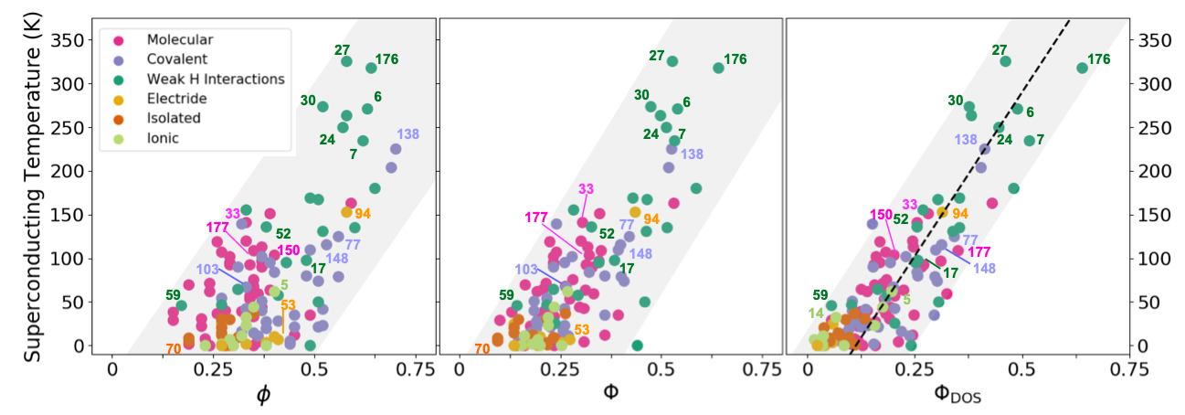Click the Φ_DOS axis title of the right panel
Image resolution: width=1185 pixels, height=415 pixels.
(x=957, y=394)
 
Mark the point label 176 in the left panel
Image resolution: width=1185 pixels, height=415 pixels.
(x=386, y=59)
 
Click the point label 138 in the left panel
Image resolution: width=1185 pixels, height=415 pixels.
(x=408, y=134)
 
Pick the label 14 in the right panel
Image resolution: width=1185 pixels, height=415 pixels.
(x=817, y=314)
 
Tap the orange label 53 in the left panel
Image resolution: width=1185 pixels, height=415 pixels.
(x=288, y=305)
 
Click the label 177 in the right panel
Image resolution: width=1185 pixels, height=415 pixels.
(x=979, y=252)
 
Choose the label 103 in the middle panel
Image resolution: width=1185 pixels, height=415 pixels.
(x=525, y=270)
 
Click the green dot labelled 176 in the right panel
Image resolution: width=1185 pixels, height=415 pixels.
(x=1082, y=68)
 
